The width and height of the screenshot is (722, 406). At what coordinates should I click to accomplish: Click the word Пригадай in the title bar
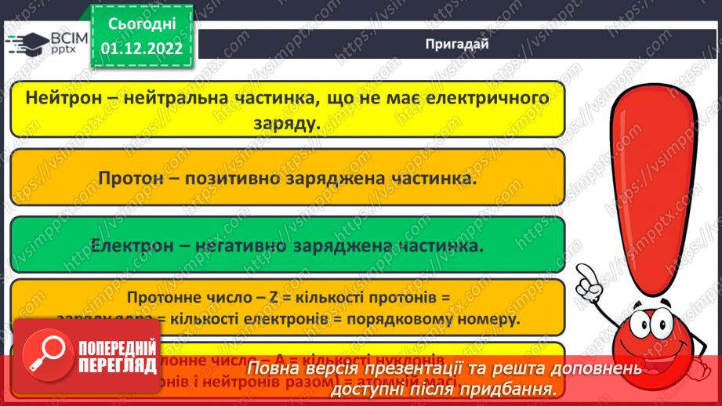coord(456,44)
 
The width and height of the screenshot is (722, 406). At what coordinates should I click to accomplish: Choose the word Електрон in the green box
coord(129,245)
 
